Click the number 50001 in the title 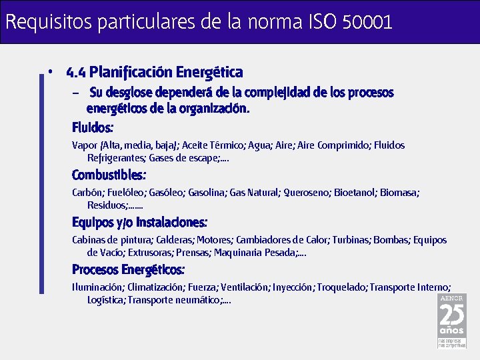tap(367, 22)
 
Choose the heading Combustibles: tap(109, 175)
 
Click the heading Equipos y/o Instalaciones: tap(139, 222)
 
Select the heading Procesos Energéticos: tap(128, 269)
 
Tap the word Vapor tap(84, 145)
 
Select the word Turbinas tap(351, 240)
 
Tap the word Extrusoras tap(149, 253)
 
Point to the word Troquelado tap(341, 287)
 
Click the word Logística tap(105, 300)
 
